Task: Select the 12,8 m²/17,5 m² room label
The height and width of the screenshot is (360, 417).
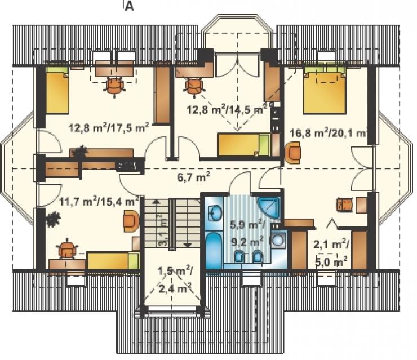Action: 109,128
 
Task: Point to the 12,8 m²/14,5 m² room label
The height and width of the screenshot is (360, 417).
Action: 227,109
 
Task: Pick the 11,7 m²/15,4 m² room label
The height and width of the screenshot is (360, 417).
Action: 99,201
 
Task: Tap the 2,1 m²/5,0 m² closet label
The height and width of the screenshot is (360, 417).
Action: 331,252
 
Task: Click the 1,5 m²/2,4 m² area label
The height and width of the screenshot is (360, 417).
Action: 175,280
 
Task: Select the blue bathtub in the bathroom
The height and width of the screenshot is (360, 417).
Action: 213,250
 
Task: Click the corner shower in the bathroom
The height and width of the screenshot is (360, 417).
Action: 269,208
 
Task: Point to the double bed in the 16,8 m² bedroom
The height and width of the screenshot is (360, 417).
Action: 325,89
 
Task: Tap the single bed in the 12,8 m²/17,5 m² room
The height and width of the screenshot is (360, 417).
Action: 57,90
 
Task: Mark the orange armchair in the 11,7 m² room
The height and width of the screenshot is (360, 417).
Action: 131,221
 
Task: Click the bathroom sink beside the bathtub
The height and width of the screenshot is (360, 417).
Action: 214,213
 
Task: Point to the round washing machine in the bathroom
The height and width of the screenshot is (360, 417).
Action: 279,241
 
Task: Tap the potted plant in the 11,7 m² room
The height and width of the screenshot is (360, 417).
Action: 53,219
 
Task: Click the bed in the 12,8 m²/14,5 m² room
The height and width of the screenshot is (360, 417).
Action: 244,145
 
